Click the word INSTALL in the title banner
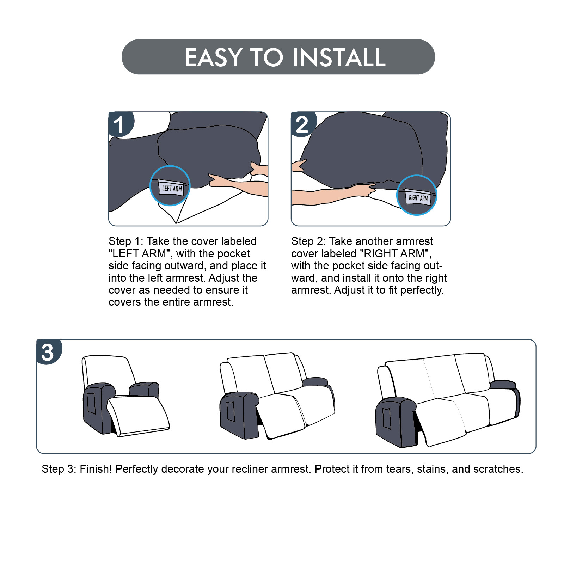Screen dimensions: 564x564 tap(339, 58)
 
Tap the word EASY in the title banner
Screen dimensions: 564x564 tap(214, 58)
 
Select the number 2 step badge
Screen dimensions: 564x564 tap(303, 124)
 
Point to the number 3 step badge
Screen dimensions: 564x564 tap(48, 351)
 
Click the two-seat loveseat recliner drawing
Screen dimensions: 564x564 tap(277, 396)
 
